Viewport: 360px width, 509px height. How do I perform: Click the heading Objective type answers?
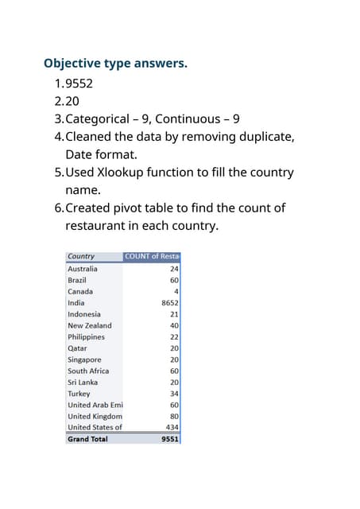115,63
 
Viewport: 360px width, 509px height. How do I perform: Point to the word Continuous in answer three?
188,119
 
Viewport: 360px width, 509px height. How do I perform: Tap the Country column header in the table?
81,256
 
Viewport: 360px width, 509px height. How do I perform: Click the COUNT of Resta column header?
153,256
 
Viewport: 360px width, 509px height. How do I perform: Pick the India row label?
76,302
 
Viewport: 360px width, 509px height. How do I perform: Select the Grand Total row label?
87,439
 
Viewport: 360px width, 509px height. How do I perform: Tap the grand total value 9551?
169,439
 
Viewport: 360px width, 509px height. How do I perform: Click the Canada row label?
80,291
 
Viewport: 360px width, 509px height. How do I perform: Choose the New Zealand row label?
90,325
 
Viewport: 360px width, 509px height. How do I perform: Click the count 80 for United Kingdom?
174,416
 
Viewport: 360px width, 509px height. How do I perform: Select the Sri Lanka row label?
83,382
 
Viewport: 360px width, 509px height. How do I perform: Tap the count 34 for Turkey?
174,393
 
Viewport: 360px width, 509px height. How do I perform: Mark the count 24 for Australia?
174,269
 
